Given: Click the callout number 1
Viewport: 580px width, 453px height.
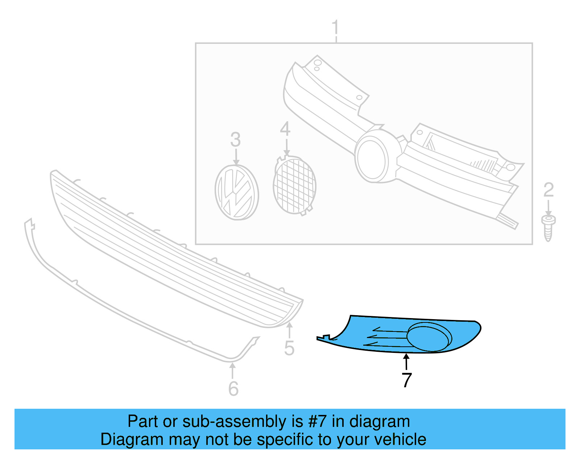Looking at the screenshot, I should [x=335, y=28].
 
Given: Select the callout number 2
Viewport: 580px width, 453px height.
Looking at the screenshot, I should [x=548, y=190].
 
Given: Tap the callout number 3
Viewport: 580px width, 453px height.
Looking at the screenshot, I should [x=236, y=140].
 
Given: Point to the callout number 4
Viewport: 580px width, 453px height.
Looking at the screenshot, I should [x=285, y=129].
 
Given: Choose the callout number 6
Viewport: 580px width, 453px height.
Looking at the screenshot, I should [x=233, y=389].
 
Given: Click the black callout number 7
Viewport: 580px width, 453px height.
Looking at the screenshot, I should [x=407, y=380].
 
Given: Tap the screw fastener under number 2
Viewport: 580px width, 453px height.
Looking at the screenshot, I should [x=548, y=227].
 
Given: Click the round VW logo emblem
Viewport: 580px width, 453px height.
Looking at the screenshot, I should [x=237, y=192].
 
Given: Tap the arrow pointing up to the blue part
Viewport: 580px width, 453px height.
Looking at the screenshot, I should [x=407, y=362].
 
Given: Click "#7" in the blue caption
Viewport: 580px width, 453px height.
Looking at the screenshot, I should [x=318, y=422].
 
